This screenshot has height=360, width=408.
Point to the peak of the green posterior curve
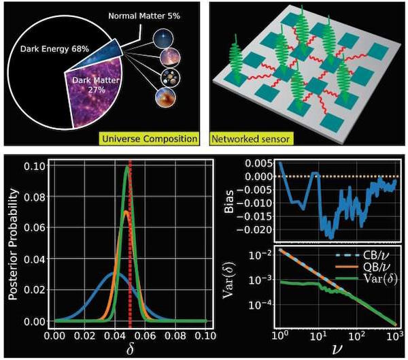pos(126,168)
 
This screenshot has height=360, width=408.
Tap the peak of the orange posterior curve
pos(125,212)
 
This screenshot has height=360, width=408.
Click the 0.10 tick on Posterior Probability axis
pos(39,166)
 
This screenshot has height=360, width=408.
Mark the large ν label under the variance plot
pos(337,349)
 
